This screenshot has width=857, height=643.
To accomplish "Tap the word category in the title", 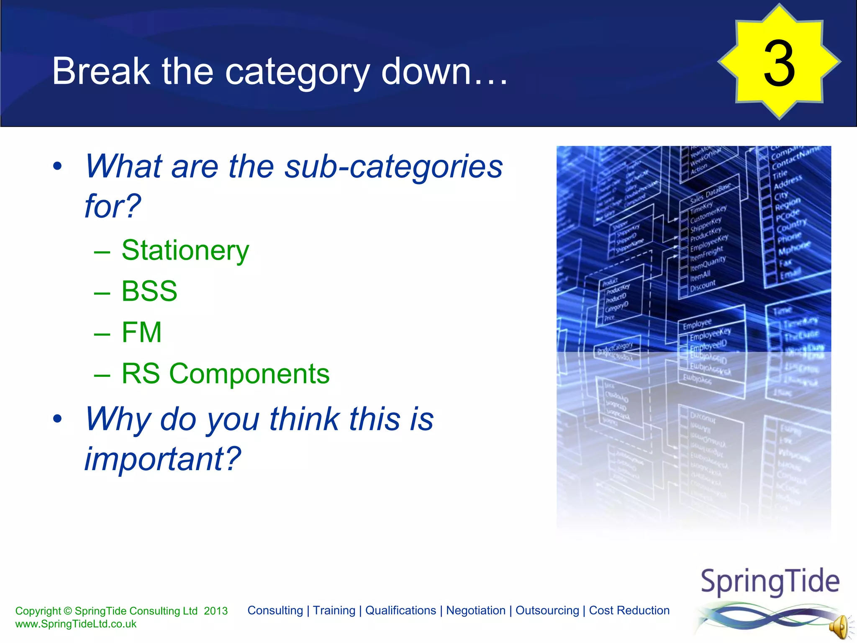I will click(297, 72).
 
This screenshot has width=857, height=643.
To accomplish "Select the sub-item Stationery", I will click(185, 250).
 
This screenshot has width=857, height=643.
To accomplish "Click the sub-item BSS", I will click(149, 291).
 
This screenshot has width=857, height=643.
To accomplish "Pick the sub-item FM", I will click(141, 332).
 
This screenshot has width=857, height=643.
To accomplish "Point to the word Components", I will click(249, 373).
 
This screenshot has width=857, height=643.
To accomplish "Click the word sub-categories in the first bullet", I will click(393, 167).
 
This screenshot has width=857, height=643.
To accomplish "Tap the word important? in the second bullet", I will click(162, 459).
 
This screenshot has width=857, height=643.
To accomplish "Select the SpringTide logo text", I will click(770, 581).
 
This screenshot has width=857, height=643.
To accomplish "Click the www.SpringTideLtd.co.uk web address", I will click(76, 624).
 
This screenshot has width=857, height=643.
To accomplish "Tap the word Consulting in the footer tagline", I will click(275, 610).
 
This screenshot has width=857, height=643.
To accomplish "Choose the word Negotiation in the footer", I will click(476, 610).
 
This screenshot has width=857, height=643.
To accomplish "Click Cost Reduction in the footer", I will click(629, 610).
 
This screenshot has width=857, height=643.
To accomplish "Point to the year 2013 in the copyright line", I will click(216, 611).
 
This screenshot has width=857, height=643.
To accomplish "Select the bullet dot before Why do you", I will click(57, 419).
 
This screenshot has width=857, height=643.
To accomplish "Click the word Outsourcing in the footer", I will click(547, 610).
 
